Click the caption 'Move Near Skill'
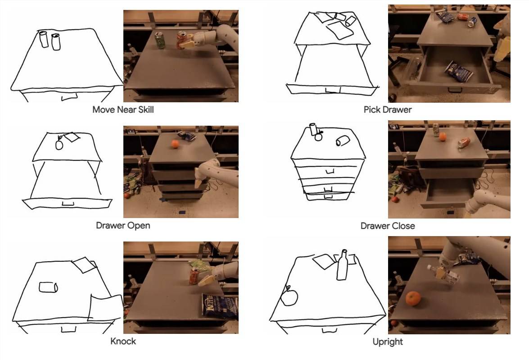click(x=123, y=110)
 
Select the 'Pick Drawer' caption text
click(x=388, y=110)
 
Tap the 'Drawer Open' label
click(x=123, y=226)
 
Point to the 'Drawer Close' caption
click(x=388, y=226)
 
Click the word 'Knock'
click(x=123, y=342)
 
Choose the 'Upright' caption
click(x=388, y=342)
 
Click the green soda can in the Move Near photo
click(x=160, y=40)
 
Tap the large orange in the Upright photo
click(x=413, y=299)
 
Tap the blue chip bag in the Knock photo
click(x=220, y=306)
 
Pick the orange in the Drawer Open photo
click(x=175, y=144)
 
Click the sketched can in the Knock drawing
click(x=48, y=287)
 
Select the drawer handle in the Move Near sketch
click(x=69, y=97)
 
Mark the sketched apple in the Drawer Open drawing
click(x=59, y=144)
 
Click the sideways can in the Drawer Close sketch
click(x=343, y=141)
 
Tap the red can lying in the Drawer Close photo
click(x=464, y=142)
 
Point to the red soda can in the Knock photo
click(x=194, y=276)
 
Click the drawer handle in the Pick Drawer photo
click(x=455, y=90)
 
